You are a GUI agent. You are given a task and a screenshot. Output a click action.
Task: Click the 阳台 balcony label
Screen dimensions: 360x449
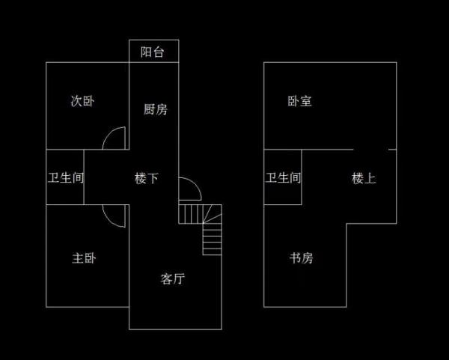coord(153,52)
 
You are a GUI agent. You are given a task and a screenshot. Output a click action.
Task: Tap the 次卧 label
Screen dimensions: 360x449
coord(82,101)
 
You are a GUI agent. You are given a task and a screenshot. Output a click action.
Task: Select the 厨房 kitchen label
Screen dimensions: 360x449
coord(155,109)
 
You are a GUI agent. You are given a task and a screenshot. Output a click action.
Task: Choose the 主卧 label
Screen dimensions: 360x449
coord(84,258)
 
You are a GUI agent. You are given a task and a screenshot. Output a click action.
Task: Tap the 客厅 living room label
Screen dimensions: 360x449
coord(173,279)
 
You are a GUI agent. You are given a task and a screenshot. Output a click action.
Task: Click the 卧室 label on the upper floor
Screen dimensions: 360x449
coord(299,101)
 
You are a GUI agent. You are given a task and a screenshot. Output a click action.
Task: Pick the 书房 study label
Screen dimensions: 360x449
coord(301,258)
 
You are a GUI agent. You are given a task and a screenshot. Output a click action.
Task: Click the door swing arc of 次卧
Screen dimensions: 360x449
coord(115,138)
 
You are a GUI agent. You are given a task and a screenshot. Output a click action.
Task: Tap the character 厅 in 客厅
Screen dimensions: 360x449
coord(179,279)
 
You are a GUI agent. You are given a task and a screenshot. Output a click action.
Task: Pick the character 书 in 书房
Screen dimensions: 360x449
coord(295,258)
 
